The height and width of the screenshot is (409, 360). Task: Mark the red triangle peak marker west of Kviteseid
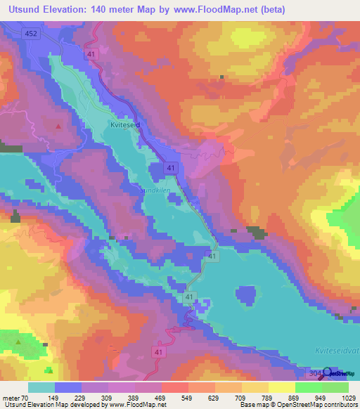tap(58, 126)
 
